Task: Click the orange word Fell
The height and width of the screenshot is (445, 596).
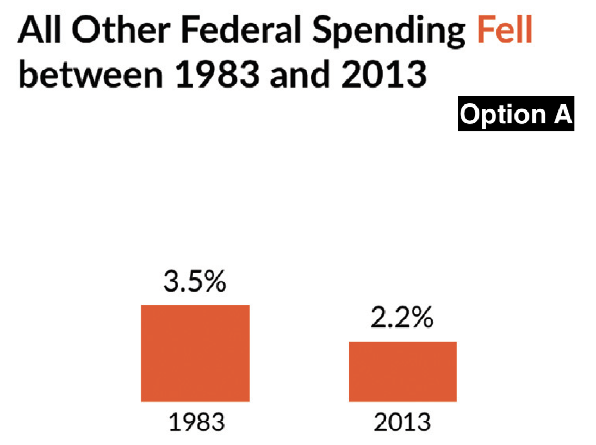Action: tap(504, 32)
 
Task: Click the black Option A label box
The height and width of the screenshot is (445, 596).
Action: tap(515, 115)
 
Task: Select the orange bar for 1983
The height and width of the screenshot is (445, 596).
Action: tap(195, 353)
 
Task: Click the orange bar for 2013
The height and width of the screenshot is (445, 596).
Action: tap(402, 371)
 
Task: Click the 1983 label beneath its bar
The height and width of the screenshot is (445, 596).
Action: tap(195, 422)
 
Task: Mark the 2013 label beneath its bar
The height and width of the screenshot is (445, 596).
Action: tap(402, 422)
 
